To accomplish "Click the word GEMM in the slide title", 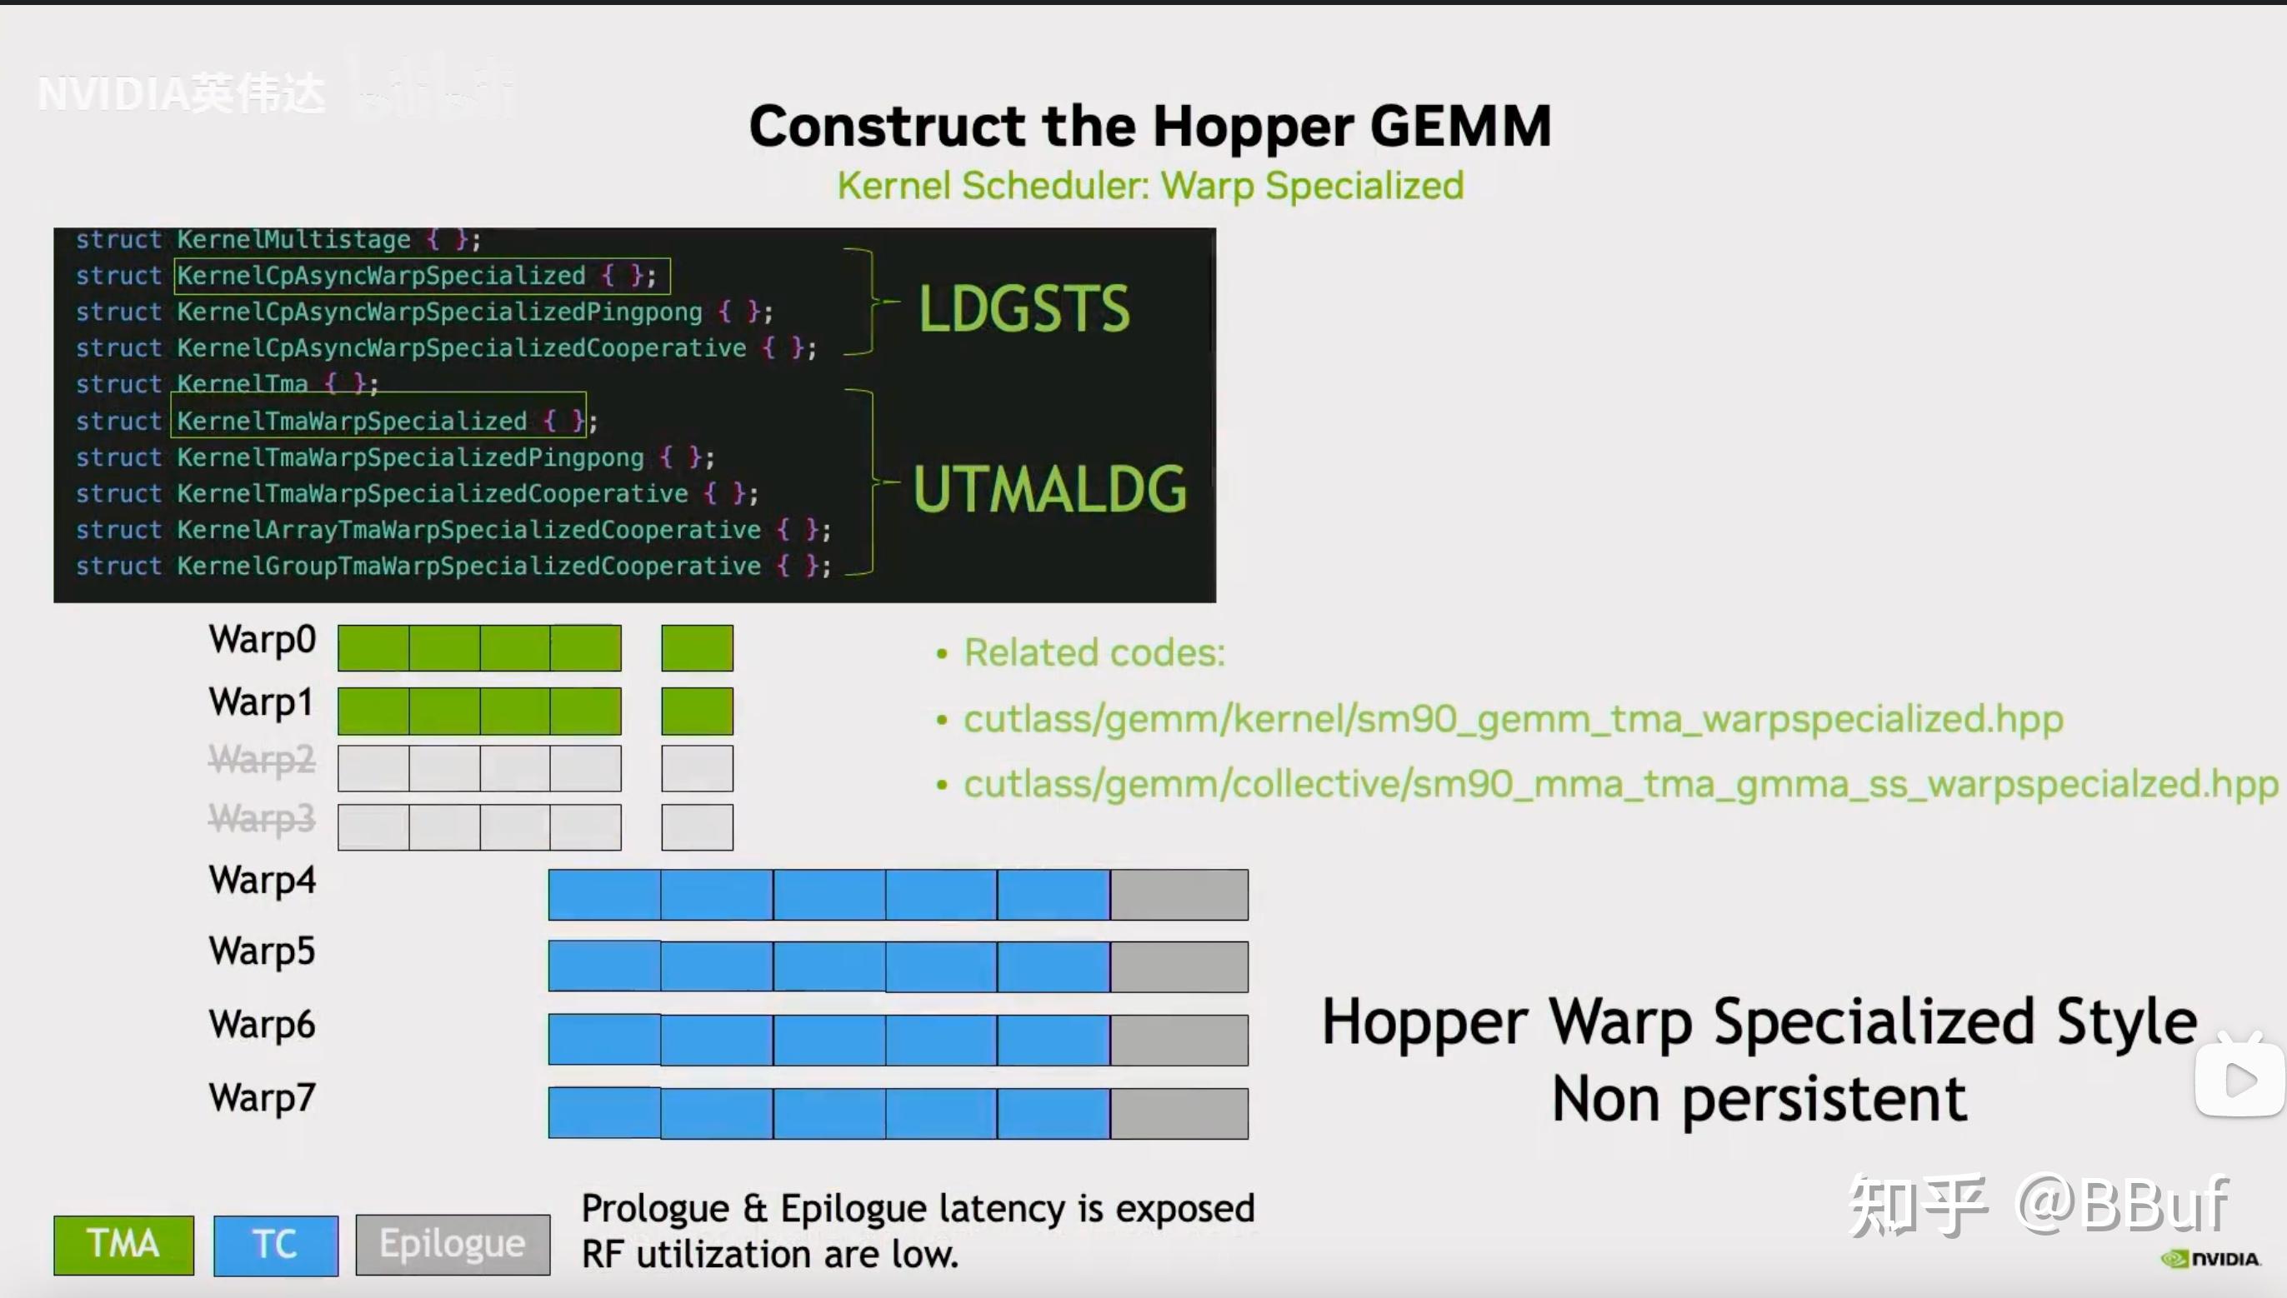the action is click(x=1460, y=126).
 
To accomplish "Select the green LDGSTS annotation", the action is click(x=1024, y=308).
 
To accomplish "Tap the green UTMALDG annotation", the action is click(x=1049, y=488).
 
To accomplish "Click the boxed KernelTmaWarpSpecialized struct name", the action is click(x=353, y=421).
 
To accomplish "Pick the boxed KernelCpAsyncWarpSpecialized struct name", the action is click(x=381, y=276).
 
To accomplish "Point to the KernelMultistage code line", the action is click(x=278, y=239).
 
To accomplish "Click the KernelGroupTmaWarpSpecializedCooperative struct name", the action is click(x=468, y=566).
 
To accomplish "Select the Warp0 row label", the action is click(x=263, y=640).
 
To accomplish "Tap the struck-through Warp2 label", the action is click(x=263, y=760).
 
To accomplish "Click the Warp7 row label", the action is click(x=263, y=1097).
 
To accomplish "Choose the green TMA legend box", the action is click(x=124, y=1244).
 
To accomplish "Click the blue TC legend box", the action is click(x=276, y=1245).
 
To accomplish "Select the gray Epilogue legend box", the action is click(x=453, y=1245).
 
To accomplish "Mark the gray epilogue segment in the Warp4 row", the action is click(x=1179, y=895).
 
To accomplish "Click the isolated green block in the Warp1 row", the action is click(x=698, y=711).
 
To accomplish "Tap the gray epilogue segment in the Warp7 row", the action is click(x=1179, y=1112).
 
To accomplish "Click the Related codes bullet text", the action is click(x=1094, y=652).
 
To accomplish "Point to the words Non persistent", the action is click(x=1759, y=1098).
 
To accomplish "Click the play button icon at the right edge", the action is click(x=2240, y=1079).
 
